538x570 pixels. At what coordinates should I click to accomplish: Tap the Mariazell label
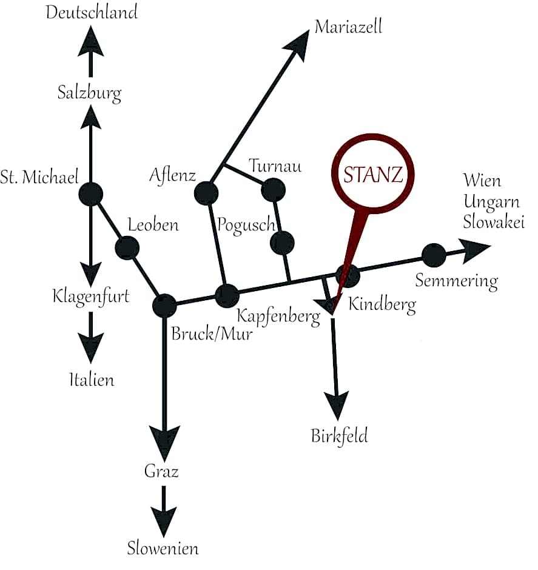point(348,27)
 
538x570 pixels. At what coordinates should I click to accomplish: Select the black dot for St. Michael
point(91,194)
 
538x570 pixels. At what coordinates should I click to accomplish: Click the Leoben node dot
point(127,248)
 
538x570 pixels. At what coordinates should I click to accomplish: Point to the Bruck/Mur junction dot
point(164,306)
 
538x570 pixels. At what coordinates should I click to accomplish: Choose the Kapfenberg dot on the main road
point(227,297)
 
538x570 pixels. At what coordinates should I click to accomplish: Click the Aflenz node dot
point(206,193)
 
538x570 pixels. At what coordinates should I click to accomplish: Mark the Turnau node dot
point(274,190)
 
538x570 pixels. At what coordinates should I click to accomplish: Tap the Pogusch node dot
point(283,243)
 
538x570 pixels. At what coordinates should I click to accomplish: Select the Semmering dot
point(434,255)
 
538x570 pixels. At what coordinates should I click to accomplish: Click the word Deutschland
point(92,12)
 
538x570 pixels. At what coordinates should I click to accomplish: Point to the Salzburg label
point(89,93)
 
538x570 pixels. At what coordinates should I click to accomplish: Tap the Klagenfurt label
point(91,297)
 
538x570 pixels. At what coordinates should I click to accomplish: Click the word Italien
point(92,380)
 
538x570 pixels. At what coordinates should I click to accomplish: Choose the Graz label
point(161,472)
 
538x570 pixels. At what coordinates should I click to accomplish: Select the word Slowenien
point(163,548)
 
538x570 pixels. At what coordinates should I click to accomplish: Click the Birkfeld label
point(340,436)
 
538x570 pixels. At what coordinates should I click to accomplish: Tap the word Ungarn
point(491,202)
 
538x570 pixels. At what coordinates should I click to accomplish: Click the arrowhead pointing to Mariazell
point(297,45)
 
